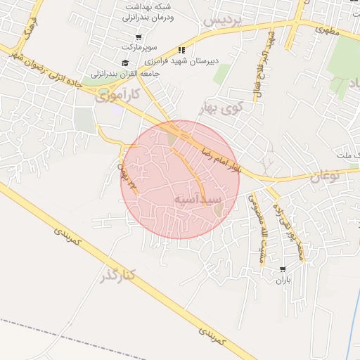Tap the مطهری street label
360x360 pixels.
(x=327, y=31)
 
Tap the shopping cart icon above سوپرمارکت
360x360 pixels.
(x=139, y=37)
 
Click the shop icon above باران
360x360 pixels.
(x=283, y=269)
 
